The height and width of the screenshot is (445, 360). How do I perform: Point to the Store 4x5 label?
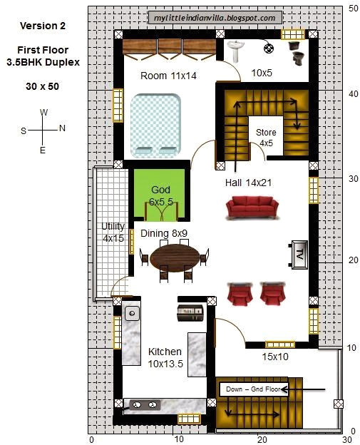266,137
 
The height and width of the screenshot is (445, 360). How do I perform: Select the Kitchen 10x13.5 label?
164,357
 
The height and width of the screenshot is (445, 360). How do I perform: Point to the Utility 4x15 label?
112,232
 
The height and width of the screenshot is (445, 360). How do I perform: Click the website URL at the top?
214,18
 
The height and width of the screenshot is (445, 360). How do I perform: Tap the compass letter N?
62,129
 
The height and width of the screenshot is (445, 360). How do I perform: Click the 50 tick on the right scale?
353,9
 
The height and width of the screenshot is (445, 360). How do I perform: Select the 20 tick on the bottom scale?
262,439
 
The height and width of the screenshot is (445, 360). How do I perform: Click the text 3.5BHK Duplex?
44,62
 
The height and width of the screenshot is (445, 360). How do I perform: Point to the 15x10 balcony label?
274,357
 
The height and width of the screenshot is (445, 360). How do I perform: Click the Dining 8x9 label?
163,233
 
